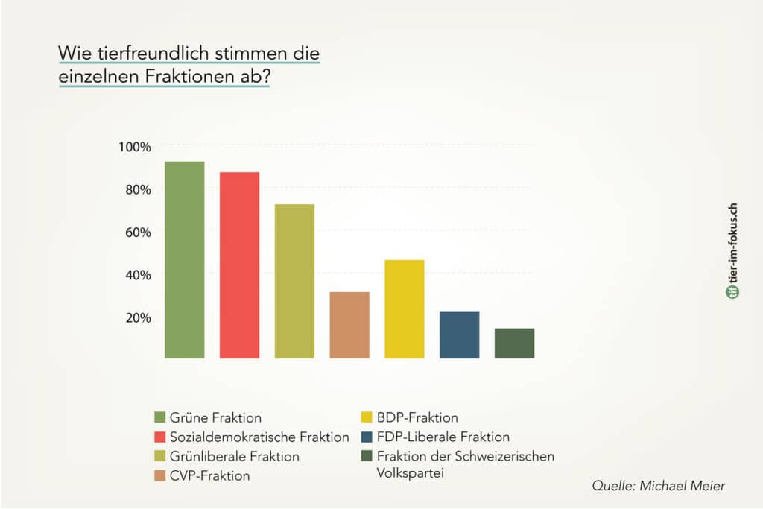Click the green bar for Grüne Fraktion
185,260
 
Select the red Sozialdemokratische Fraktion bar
239,265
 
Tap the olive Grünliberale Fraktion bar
294,281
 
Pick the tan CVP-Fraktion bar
349,325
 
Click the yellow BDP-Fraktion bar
405,309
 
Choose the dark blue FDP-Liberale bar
459,335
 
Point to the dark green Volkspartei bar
514,344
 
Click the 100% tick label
135,147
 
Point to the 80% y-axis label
138,189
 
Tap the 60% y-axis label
138,232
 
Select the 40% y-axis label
138,275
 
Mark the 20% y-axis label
138,317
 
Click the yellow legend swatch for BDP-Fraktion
367,417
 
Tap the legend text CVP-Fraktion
209,475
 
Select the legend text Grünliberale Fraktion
235,456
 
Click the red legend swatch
160,437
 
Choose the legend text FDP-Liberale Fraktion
443,437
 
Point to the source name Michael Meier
683,485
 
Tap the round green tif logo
732,291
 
